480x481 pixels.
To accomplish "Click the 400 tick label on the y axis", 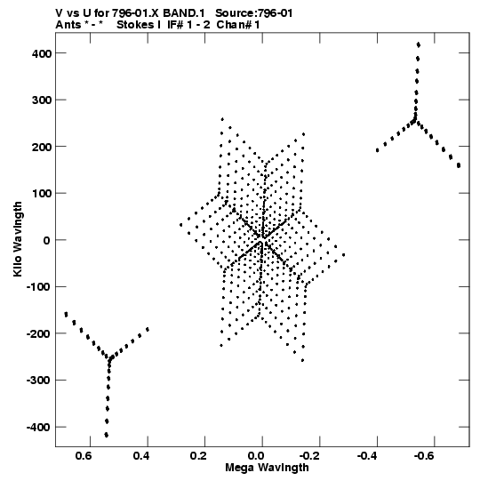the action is [41, 53].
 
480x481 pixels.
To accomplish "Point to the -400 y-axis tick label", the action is [38, 428].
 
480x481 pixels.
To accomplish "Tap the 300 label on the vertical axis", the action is [41, 100].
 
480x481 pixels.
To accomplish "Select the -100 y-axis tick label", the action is [38, 287].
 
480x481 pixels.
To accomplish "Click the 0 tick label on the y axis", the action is [46, 240].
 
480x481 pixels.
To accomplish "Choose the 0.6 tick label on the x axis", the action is [84, 456].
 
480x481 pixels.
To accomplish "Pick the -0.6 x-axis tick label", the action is [424, 456].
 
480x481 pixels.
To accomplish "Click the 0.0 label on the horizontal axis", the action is [256, 456].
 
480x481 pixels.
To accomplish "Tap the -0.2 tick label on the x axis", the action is [309, 456].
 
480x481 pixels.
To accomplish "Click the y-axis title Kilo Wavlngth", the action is [18, 239].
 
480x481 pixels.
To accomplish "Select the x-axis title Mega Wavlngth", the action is [267, 468].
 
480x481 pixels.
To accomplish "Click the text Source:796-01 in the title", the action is [254, 13].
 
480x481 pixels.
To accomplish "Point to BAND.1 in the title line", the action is [184, 13].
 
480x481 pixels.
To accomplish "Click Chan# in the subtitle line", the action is [234, 25].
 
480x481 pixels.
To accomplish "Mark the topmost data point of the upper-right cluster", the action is [419, 44].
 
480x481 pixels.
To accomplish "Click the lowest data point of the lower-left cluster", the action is [107, 435].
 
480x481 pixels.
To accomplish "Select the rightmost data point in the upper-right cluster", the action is [459, 165].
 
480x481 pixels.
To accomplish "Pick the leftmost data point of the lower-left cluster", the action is [66, 314].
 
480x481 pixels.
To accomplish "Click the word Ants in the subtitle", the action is [68, 25].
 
